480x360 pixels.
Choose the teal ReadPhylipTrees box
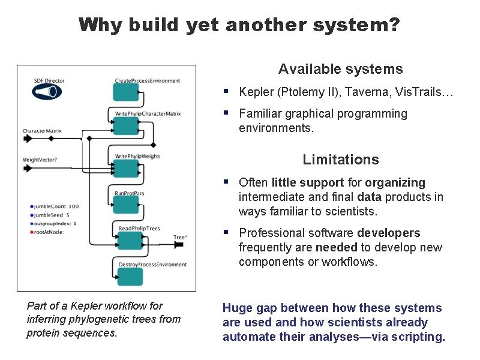(x=127, y=241)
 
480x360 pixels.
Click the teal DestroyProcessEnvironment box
(x=130, y=277)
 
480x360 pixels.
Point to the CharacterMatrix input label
(x=42, y=131)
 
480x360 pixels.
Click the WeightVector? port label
(x=40, y=160)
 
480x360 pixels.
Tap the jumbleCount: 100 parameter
(x=56, y=207)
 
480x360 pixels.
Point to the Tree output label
(x=179, y=238)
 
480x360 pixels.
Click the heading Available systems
(x=340, y=70)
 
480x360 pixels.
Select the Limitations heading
(x=340, y=160)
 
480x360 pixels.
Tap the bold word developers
(x=389, y=233)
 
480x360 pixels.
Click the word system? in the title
(x=365, y=25)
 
